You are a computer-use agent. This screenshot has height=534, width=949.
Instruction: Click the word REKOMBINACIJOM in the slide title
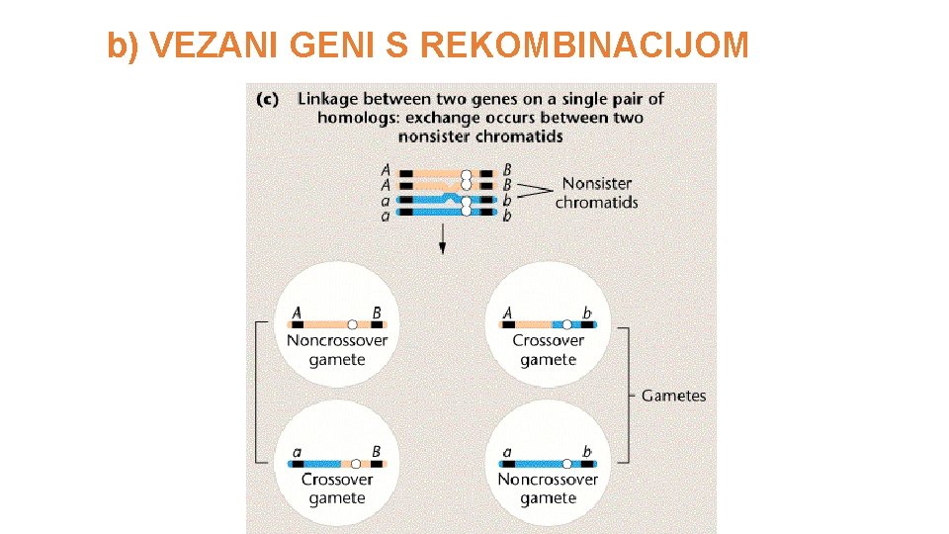[x=584, y=45]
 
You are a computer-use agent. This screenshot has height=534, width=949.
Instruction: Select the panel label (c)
[x=267, y=99]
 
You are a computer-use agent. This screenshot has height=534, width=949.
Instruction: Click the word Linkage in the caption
[x=329, y=99]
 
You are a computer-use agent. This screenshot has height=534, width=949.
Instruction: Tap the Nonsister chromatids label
[x=596, y=193]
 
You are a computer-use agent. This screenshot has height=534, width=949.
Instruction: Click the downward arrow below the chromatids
[x=442, y=238]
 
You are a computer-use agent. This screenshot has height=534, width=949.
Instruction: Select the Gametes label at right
[x=673, y=396]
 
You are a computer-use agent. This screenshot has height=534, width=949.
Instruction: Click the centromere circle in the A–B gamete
[x=353, y=323]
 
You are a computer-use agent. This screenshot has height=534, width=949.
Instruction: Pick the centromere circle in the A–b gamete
[x=567, y=323]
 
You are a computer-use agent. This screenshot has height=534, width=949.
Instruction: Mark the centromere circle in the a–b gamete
[x=567, y=462]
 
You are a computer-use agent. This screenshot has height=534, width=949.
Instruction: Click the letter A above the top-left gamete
[x=297, y=312]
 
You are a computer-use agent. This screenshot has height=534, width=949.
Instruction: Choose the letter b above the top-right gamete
[x=586, y=313]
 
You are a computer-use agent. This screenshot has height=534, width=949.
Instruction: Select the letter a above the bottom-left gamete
[x=297, y=452]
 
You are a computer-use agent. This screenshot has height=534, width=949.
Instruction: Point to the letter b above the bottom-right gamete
[x=586, y=452]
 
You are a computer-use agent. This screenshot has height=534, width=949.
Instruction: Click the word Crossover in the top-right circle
[x=548, y=341]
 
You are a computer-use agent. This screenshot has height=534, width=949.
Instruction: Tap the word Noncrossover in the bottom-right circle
[x=548, y=480]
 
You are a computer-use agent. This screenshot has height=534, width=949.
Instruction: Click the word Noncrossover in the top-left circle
[x=337, y=341]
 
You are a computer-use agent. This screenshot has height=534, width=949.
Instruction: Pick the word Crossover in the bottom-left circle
[x=337, y=480]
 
